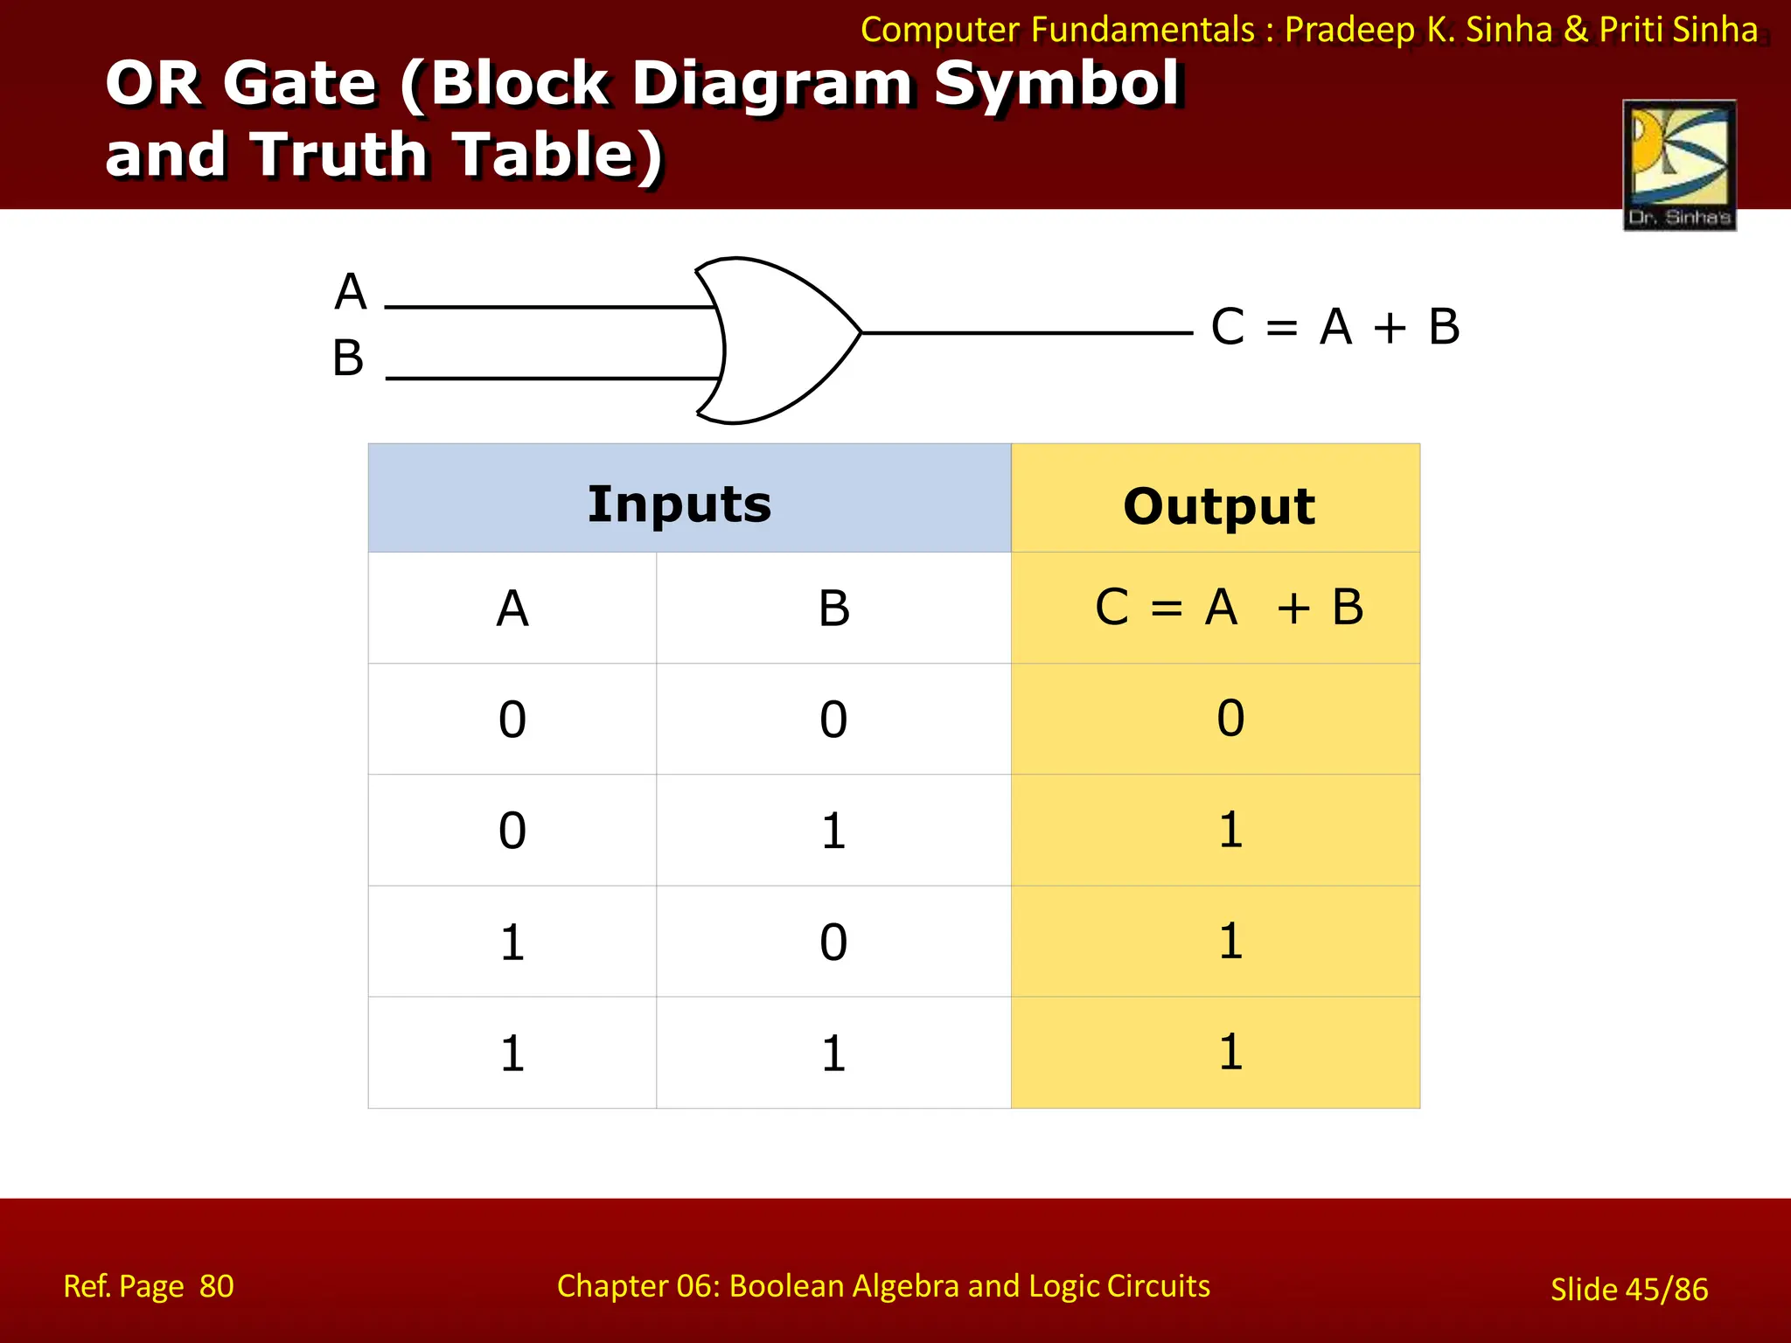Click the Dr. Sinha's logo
pos(1679,164)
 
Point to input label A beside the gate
pos(351,291)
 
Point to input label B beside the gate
pos(348,358)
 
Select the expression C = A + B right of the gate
pos(1335,327)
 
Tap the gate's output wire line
pos(1028,332)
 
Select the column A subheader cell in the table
pos(512,608)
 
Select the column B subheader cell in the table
pos(833,608)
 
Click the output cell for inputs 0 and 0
pos(1230,718)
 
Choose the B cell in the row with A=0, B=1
pos(833,830)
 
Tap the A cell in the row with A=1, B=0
pos(512,942)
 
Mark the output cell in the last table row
pos(1230,1052)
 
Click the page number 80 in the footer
pos(216,1286)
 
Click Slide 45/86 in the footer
pos(1628,1289)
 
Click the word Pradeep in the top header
pos(1349,30)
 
